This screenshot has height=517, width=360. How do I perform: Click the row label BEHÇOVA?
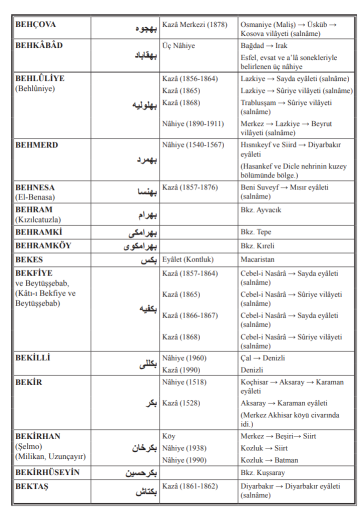click(35, 24)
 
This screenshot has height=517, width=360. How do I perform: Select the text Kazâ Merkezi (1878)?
click(195, 24)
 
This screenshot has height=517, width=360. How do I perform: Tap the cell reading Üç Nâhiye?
click(178, 45)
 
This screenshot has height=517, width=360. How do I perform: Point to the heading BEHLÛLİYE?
click(40, 78)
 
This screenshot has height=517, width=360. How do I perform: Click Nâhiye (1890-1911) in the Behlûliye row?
click(193, 123)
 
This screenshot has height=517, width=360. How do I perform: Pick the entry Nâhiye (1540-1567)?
click(193, 145)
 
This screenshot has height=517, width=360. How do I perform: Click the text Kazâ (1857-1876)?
click(190, 187)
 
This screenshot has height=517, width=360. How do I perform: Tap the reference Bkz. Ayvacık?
click(260, 210)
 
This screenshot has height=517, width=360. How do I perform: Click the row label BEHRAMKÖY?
click(43, 246)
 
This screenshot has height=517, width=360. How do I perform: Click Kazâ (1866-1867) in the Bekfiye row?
click(190, 315)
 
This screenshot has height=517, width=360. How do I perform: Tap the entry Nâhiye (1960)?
click(184, 358)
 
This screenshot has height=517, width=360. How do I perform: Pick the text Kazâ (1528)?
click(181, 403)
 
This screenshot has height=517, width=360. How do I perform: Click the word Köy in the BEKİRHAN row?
click(169, 436)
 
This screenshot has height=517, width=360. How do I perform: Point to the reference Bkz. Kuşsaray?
click(263, 472)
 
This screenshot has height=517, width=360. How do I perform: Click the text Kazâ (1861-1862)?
click(190, 486)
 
